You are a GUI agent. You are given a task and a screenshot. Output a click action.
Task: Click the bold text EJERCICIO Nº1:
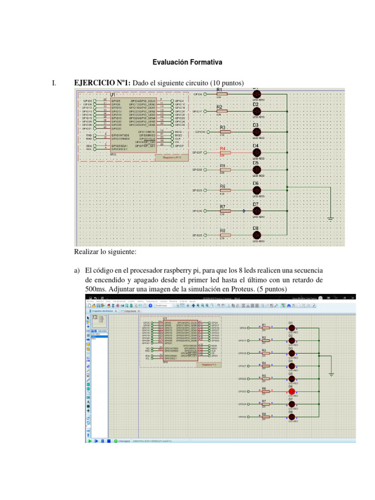pyautogui.click(x=102, y=83)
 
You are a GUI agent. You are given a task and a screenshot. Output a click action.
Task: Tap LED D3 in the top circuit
pyautogui.click(x=256, y=132)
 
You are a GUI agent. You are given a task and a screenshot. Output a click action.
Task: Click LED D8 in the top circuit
pyautogui.click(x=256, y=235)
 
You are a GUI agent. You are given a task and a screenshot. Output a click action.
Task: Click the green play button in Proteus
pyautogui.click(x=90, y=440)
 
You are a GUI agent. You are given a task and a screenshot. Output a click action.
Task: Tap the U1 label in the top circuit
pyautogui.click(x=112, y=94)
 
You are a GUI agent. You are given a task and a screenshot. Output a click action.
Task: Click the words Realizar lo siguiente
pyautogui.click(x=105, y=252)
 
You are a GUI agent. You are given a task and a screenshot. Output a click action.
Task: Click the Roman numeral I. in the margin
pyautogui.click(x=54, y=83)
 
